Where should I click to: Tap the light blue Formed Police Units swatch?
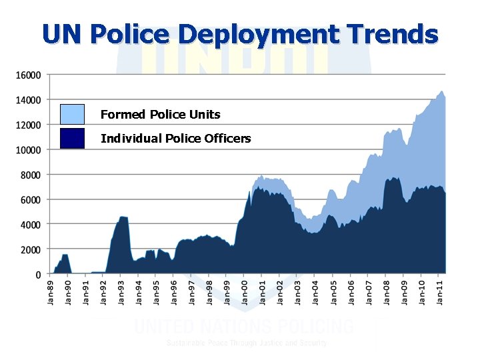pos(72,114)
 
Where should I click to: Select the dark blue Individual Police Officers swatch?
pos(72,138)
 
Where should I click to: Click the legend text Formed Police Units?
pos(160,115)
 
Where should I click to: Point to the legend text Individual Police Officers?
pos(175,139)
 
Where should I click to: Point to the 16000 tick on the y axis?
pos(28,75)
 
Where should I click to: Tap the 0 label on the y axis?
pos(37,274)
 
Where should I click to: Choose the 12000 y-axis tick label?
pos(28,125)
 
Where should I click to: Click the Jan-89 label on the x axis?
pos(51,292)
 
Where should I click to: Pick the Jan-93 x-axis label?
pos(121,292)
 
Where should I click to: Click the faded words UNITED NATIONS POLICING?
pos(244,327)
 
